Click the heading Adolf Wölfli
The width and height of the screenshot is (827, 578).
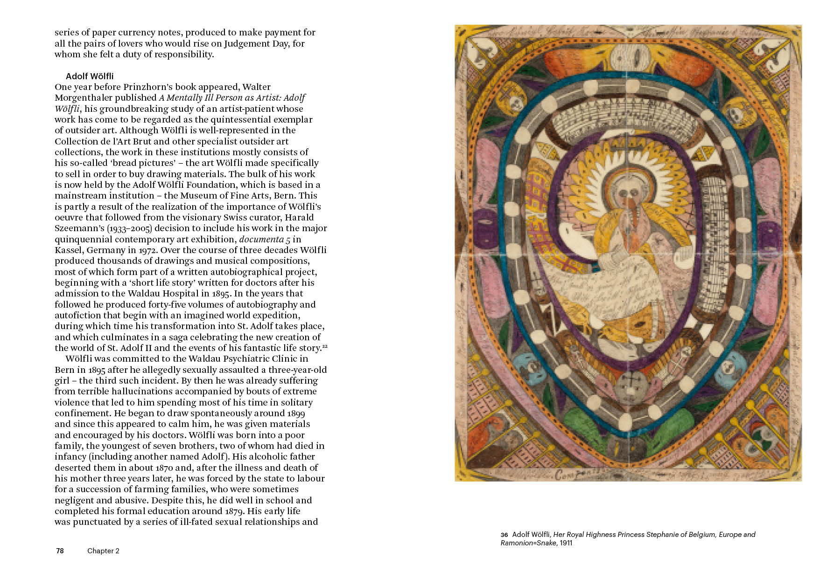click(x=90, y=76)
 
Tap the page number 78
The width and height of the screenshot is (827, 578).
click(x=60, y=551)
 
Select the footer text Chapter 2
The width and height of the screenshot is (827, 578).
click(x=103, y=551)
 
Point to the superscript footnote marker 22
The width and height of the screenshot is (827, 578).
click(x=325, y=346)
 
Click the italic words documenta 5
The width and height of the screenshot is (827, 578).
click(x=265, y=240)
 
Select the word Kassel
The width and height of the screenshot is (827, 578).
click(x=69, y=250)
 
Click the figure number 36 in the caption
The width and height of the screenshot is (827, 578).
click(x=504, y=535)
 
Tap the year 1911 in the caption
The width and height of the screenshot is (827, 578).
click(x=566, y=543)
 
